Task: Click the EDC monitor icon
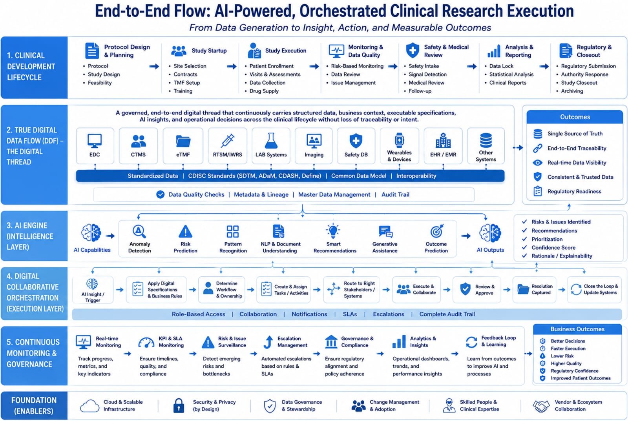click(95, 141)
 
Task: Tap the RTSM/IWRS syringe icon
click(227, 140)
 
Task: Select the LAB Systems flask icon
click(271, 140)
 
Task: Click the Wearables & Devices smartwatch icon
click(399, 140)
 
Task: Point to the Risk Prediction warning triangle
click(185, 232)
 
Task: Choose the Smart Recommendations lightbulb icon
click(333, 231)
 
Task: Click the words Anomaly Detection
click(140, 247)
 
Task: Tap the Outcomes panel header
click(575, 117)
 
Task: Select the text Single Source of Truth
click(575, 134)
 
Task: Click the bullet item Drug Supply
click(264, 91)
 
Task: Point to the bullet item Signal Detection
click(427, 74)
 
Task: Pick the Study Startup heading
click(209, 51)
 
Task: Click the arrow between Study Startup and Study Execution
click(232, 67)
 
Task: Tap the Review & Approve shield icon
click(465, 289)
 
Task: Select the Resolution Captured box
click(534, 289)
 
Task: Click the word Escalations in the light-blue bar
click(388, 314)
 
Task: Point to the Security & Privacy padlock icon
click(179, 405)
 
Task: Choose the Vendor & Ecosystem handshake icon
click(540, 406)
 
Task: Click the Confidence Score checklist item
click(553, 247)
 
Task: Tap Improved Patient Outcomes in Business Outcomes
click(581, 378)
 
